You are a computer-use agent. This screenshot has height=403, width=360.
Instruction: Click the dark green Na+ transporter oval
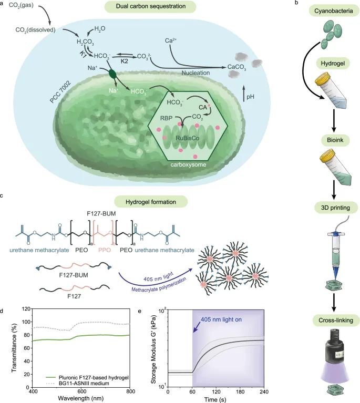tap(112, 73)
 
